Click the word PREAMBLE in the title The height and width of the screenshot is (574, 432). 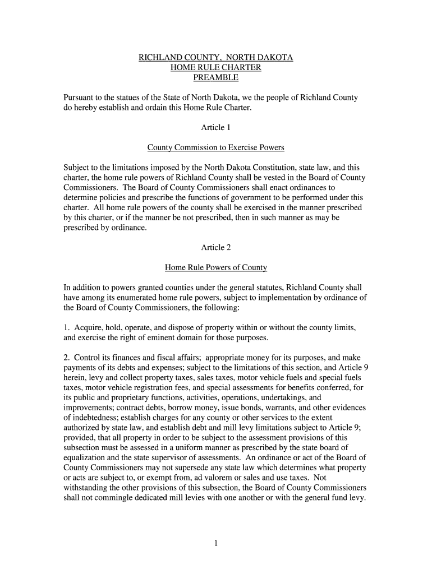pos(216,77)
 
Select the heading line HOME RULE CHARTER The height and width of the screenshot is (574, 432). pos(216,68)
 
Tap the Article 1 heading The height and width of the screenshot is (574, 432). pos(216,127)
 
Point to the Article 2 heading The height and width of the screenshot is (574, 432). pos(216,247)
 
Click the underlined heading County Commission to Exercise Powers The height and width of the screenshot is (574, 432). pos(216,147)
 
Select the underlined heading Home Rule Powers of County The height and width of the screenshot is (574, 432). pos(216,267)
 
